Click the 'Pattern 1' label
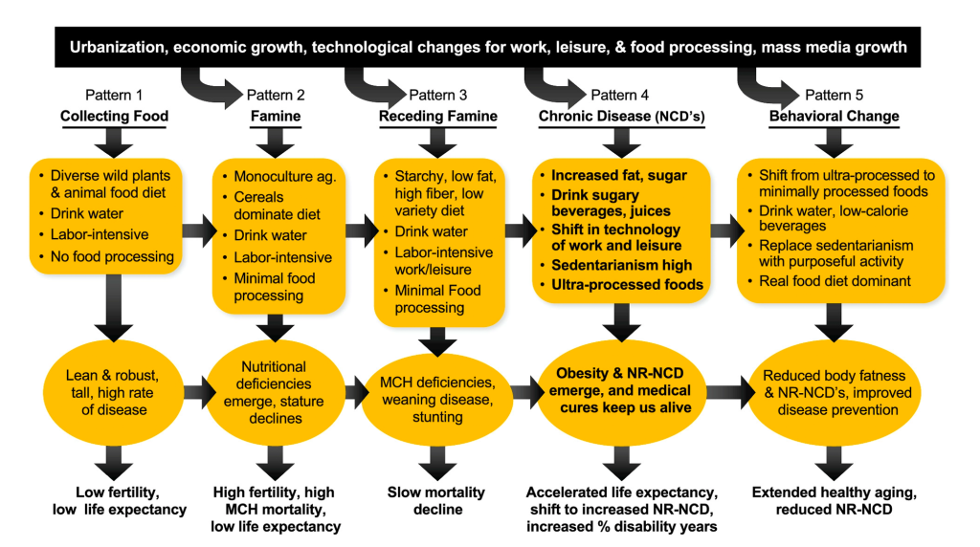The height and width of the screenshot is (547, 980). tap(114, 95)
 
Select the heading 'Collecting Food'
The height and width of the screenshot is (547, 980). tap(114, 117)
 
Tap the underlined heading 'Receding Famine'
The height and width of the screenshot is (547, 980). tap(437, 117)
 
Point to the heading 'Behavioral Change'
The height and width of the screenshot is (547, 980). tap(834, 117)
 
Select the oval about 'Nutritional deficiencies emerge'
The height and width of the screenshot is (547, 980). tap(275, 392)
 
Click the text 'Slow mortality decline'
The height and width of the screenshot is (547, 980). tap(436, 501)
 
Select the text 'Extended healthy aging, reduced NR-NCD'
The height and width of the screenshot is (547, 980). tap(834, 501)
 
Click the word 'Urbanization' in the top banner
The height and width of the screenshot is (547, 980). tap(112, 48)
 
